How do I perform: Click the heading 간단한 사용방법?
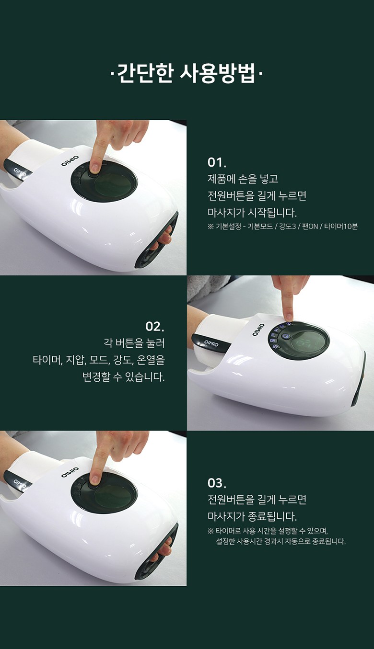pyautogui.click(x=187, y=73)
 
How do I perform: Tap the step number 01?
pyautogui.click(x=216, y=162)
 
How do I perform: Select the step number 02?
pyautogui.click(x=155, y=327)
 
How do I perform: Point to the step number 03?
pyautogui.click(x=216, y=483)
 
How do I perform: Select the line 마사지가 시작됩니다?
pyautogui.click(x=252, y=213)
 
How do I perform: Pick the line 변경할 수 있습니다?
pyautogui.click(x=123, y=377)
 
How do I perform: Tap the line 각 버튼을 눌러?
pyautogui.click(x=134, y=343)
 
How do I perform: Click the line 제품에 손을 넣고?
pyautogui.click(x=243, y=179)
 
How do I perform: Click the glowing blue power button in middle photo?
pyautogui.click(x=285, y=336)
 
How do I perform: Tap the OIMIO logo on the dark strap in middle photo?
pyautogui.click(x=211, y=343)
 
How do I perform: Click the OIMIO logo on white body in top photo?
pyautogui.click(x=70, y=161)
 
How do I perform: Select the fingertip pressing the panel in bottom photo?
pyautogui.click(x=93, y=481)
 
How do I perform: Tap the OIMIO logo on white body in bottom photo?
pyautogui.click(x=70, y=472)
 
